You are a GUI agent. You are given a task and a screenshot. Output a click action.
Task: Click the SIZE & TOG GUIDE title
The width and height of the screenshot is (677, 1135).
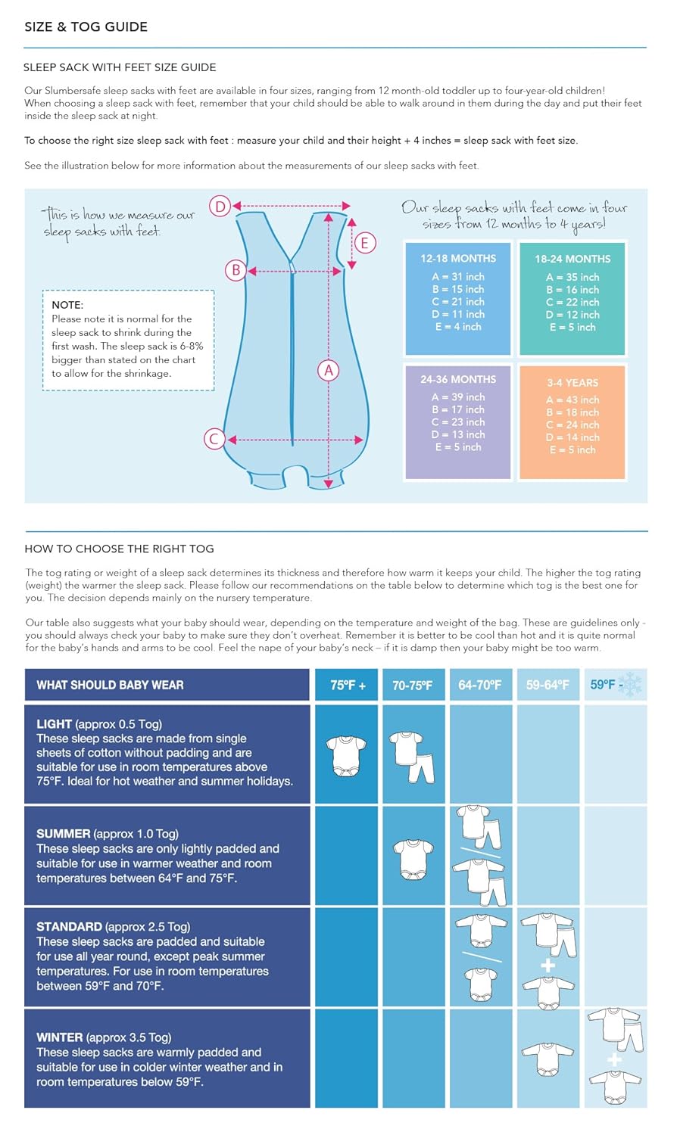86,26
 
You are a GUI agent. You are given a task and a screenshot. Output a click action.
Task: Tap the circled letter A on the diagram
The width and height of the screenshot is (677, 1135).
328,370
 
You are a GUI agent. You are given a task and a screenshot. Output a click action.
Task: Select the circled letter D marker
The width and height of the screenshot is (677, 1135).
220,206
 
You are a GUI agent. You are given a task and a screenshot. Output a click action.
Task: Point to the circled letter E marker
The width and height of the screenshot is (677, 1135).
364,243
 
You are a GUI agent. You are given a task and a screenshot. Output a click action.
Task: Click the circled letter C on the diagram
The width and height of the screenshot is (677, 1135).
214,439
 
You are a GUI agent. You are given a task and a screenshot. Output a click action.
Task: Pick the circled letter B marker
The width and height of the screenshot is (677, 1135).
236,270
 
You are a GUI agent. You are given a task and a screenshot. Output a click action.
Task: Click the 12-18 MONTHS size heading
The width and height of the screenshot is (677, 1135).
458,258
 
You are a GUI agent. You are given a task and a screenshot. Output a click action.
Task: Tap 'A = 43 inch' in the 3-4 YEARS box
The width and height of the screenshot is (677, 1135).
572,400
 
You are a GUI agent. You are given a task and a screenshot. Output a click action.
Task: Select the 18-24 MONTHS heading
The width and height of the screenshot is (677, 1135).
572,259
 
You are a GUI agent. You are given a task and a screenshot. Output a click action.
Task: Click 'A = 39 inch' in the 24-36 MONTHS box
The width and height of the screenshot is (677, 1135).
458,397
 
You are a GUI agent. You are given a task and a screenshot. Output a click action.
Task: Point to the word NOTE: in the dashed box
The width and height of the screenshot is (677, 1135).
67,304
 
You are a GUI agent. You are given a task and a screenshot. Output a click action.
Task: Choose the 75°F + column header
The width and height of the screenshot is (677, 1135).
348,686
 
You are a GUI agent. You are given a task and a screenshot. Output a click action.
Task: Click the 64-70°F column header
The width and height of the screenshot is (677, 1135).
479,686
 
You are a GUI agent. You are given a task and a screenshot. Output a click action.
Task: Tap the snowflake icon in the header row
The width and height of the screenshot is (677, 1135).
630,685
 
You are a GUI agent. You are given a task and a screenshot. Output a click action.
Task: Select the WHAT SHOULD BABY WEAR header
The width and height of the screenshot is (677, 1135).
110,686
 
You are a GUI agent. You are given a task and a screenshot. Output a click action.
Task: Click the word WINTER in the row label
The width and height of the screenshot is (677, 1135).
60,1037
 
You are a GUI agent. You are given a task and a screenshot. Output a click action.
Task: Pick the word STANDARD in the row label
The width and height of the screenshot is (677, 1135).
69,927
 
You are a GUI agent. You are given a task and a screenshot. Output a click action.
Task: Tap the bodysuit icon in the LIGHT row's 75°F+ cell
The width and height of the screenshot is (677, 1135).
346,756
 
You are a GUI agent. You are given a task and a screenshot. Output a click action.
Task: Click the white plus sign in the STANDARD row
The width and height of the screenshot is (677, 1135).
548,966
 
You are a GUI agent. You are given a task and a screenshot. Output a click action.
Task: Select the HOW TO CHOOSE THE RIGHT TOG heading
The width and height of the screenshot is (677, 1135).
119,549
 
